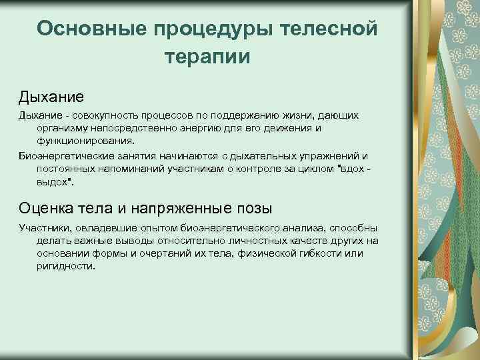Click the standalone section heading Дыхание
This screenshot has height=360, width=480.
point(51,97)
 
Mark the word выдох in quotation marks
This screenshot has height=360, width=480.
point(53,181)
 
